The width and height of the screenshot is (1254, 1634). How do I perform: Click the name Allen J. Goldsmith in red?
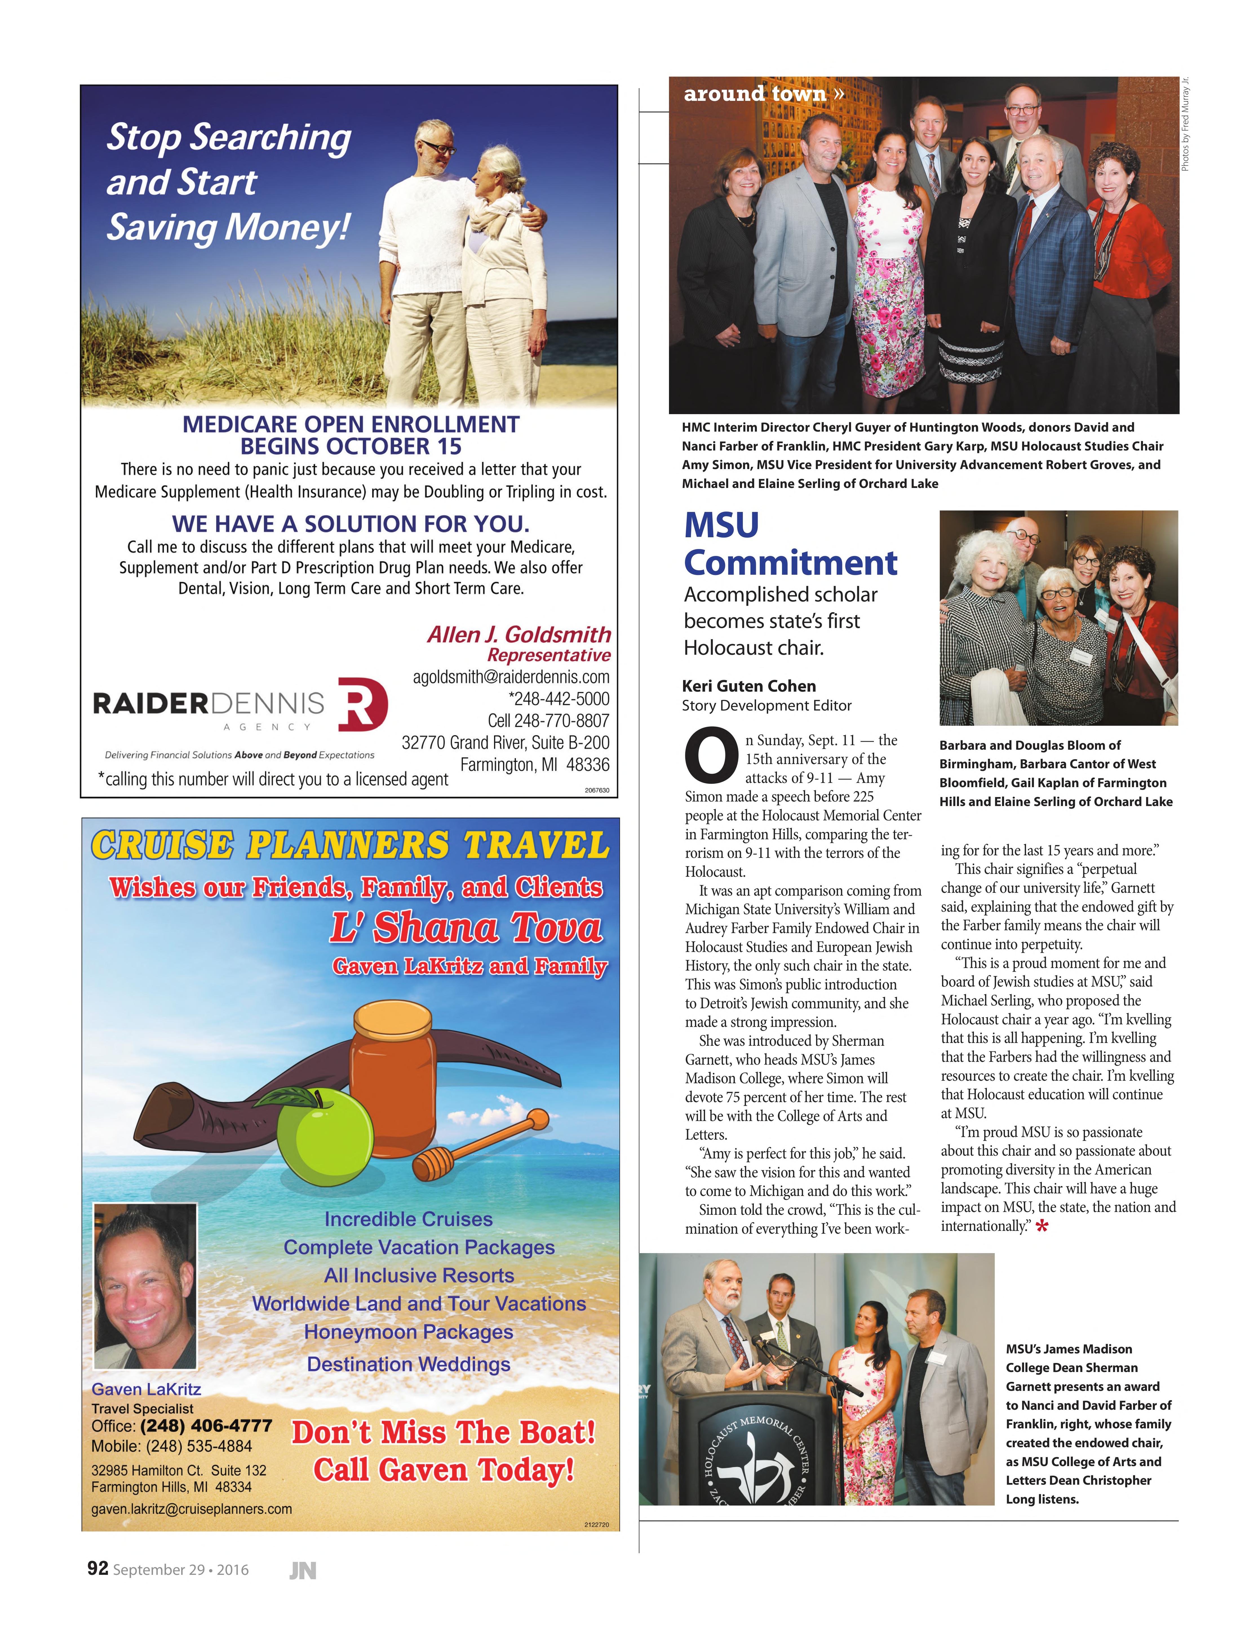click(x=519, y=634)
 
